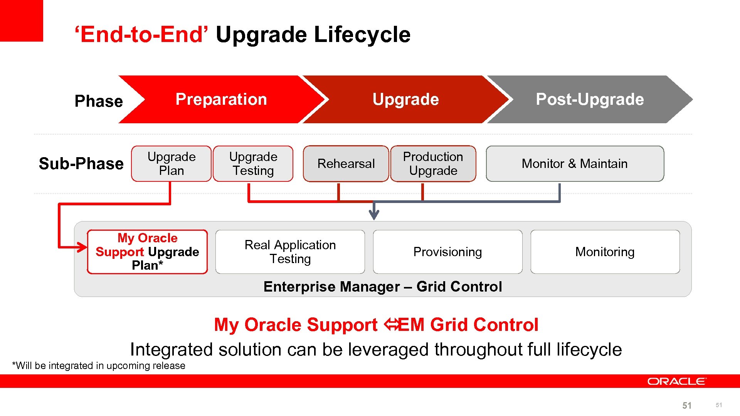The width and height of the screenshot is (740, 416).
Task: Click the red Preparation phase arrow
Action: [x=221, y=99]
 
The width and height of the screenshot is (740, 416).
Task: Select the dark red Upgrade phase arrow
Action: [x=405, y=99]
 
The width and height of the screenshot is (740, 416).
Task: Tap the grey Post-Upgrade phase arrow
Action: [x=590, y=99]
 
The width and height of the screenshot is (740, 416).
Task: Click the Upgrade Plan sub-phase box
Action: [x=172, y=164]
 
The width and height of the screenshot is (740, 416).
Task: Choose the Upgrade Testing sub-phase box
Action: [x=253, y=164]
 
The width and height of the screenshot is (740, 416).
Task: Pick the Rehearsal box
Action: [x=346, y=164]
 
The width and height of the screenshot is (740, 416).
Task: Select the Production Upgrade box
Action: [x=433, y=164]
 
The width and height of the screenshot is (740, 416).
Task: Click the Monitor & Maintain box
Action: [x=575, y=164]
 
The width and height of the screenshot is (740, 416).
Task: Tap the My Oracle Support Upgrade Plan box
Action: [x=147, y=252]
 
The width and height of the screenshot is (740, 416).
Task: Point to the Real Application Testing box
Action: [x=290, y=252]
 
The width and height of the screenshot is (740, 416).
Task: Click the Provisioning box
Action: [x=447, y=252]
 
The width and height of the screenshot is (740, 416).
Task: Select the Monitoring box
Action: [x=605, y=252]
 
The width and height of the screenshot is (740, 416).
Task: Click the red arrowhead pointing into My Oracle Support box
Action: [x=82, y=247]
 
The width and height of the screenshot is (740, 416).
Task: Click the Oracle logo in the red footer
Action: [x=676, y=381]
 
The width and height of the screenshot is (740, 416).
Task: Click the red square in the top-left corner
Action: [x=21, y=20]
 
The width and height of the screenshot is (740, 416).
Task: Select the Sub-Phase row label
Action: [x=81, y=164]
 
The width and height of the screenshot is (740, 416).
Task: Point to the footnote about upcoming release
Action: [x=99, y=366]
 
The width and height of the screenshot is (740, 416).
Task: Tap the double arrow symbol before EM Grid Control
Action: [x=391, y=325]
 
